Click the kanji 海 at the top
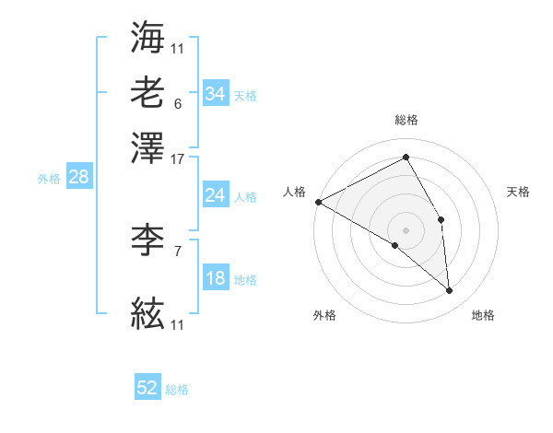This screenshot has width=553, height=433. click(147, 38)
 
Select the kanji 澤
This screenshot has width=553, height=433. click(147, 146)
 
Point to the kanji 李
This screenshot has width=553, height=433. click(147, 241)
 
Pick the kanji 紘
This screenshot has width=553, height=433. click(147, 315)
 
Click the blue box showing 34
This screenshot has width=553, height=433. click(215, 94)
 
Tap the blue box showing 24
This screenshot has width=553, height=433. click(215, 195)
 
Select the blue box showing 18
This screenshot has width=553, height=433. click(215, 279)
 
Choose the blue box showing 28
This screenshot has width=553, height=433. click(78, 178)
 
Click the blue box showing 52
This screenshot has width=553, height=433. click(147, 388)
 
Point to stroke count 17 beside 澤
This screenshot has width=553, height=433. click(178, 158)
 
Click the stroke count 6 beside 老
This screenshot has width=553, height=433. click(177, 103)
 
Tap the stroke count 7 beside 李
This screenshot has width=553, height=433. click(177, 250)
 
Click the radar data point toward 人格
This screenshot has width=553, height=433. click(318, 202)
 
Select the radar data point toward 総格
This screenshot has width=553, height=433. click(406, 158)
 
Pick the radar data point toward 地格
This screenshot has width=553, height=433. click(449, 290)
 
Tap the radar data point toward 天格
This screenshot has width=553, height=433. click(441, 219)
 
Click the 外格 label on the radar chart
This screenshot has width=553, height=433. click(324, 316)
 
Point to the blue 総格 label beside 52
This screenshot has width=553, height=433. click(177, 390)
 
